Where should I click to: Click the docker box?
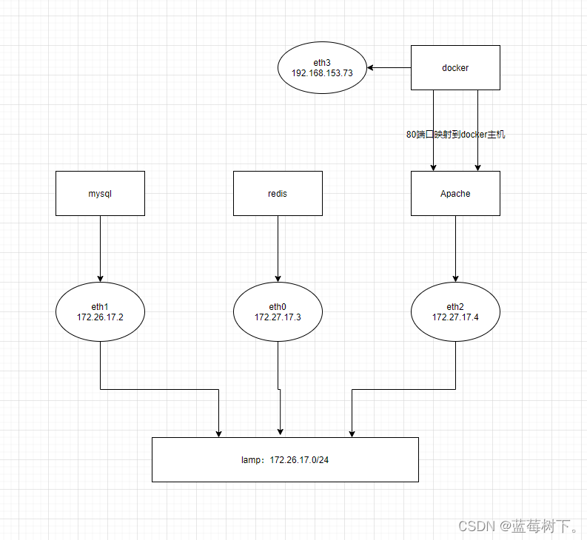pos(455,67)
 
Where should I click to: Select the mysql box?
pos(100,193)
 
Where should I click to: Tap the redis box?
pos(278,193)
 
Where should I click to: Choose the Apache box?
pos(455,193)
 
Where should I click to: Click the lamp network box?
pos(285,459)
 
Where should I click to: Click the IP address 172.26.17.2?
pos(100,317)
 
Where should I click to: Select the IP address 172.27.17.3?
pos(278,317)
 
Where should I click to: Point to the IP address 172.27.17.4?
pos(455,317)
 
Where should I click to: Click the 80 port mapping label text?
pos(455,135)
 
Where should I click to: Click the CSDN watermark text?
pos(519,526)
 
